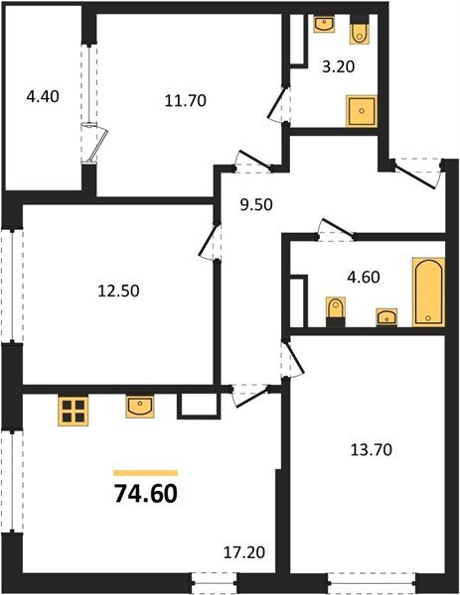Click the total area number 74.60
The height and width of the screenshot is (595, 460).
tap(146, 493)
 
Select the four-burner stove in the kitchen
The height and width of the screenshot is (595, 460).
tap(73, 410)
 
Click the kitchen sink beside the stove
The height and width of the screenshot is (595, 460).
tap(139, 406)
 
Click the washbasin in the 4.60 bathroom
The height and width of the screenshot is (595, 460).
tap(385, 316)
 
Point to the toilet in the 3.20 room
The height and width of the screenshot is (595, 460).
tap(360, 33)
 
